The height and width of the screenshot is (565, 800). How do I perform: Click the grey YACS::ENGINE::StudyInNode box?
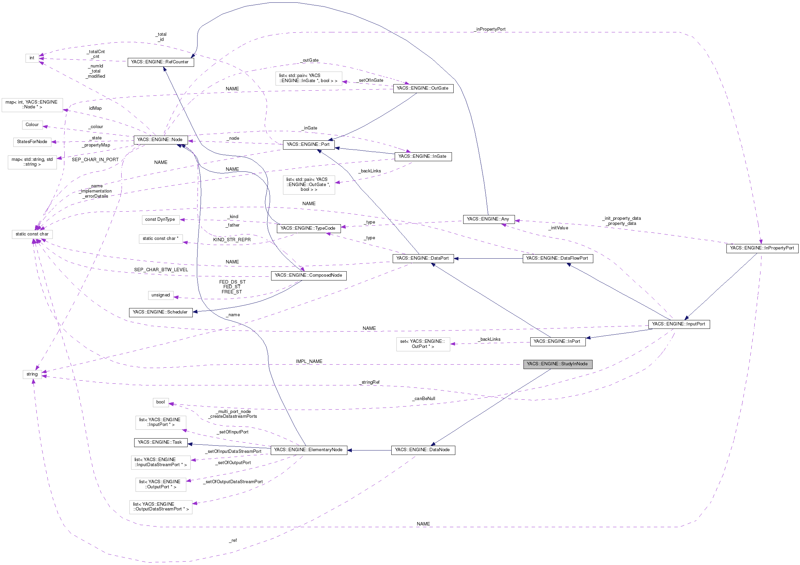click(557, 364)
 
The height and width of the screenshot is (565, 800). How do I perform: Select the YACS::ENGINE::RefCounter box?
click(160, 62)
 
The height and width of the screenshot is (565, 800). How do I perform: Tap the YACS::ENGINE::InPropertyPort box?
click(762, 248)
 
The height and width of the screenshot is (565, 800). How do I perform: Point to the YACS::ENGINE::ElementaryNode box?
click(308, 450)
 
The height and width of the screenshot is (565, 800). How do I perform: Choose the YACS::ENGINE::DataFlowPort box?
click(557, 258)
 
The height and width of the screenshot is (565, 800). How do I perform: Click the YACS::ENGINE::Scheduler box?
click(160, 312)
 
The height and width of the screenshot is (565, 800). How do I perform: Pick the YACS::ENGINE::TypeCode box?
click(308, 228)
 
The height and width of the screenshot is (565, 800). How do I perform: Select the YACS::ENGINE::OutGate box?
click(423, 88)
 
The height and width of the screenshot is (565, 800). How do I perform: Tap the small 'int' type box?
click(32, 58)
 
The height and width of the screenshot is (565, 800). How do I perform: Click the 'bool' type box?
click(161, 402)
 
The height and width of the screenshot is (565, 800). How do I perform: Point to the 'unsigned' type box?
click(161, 295)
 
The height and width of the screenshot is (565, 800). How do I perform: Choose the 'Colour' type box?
click(32, 125)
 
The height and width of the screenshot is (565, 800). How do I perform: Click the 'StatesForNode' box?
click(32, 142)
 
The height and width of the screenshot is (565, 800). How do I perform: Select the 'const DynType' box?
click(160, 219)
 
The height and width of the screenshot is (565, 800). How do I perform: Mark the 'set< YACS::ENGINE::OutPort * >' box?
click(423, 344)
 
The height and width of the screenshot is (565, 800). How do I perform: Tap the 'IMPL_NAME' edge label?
click(309, 362)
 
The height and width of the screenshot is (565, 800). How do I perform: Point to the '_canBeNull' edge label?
click(424, 399)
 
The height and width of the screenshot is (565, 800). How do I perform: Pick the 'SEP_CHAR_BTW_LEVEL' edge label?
click(161, 270)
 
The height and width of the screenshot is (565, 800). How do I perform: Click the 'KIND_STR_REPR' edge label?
click(232, 240)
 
